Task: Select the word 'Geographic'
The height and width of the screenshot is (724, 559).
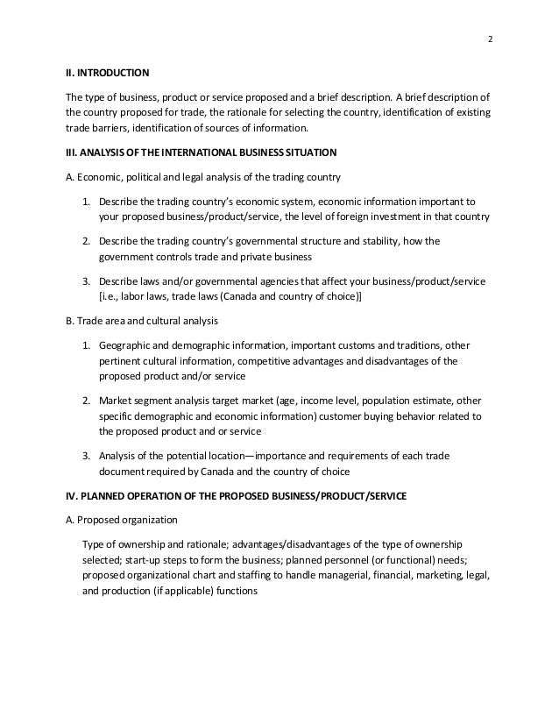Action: tap(128, 345)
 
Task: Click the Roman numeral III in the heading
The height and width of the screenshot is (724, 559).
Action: tap(74, 153)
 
